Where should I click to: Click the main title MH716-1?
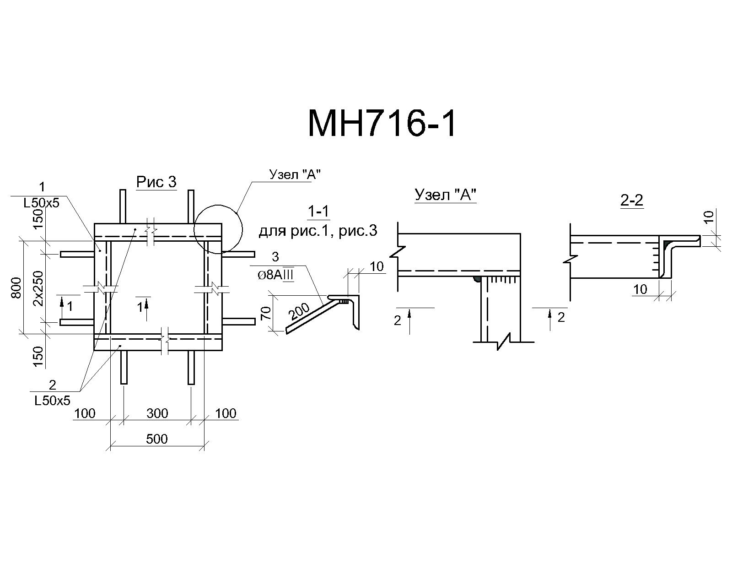click(381, 124)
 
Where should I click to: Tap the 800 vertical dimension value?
click(16, 288)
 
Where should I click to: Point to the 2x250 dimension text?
click(39, 288)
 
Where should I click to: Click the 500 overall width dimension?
click(157, 439)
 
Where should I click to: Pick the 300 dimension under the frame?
click(157, 413)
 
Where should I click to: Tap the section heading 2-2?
click(632, 200)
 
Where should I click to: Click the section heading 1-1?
click(318, 212)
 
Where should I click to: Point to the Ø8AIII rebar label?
click(275, 275)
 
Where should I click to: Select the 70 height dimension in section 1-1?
click(266, 313)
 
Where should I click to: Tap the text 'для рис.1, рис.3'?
click(318, 231)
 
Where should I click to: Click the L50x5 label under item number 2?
click(52, 401)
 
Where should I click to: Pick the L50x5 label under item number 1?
click(42, 203)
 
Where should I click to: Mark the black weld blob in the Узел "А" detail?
click(477, 280)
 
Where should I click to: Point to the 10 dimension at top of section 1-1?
click(377, 266)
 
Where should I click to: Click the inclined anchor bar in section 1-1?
click(313, 315)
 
